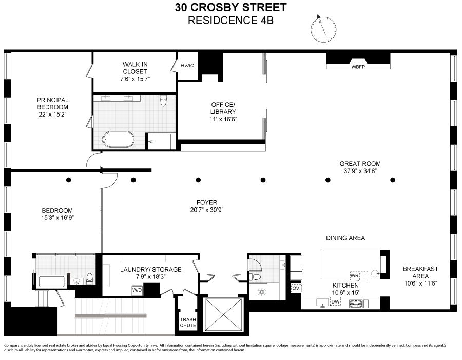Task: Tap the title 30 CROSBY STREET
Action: tap(230, 8)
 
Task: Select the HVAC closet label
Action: tap(186, 66)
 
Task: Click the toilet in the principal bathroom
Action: tap(163, 101)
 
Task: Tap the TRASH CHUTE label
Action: tap(187, 322)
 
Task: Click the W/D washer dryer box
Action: tap(138, 290)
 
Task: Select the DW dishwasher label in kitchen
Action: tap(335, 302)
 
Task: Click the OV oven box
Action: tap(295, 288)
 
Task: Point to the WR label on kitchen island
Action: tap(354, 275)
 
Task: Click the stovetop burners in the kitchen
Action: tap(356, 304)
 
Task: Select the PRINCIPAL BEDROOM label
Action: tap(52, 103)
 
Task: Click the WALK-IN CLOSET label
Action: tap(135, 68)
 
